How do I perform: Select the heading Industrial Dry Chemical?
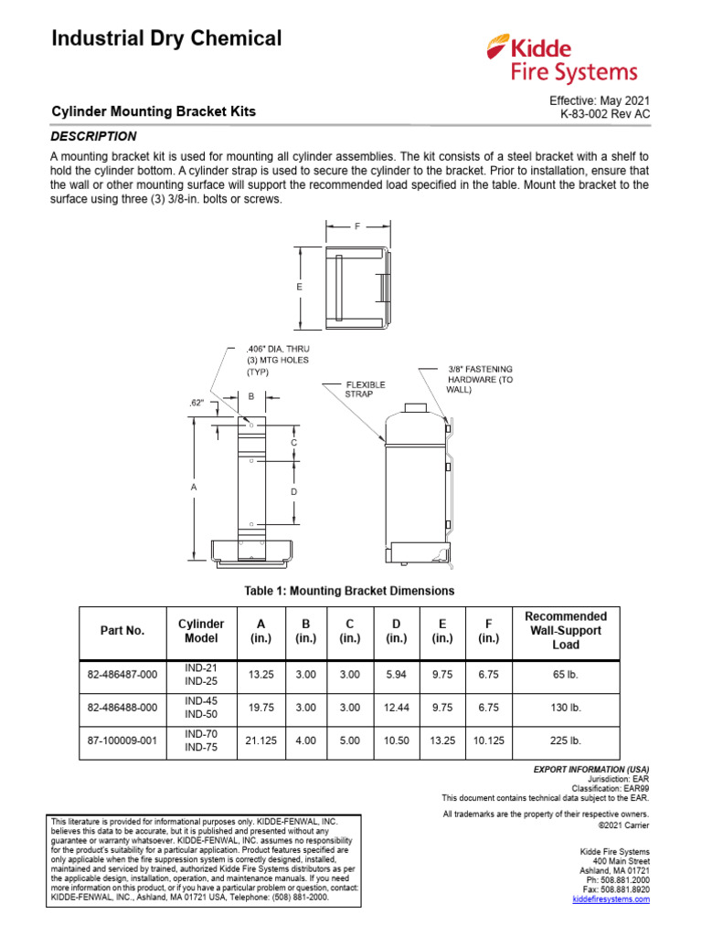coord(166,38)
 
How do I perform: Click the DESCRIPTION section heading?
coord(93,136)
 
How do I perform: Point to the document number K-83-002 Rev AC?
coord(605,115)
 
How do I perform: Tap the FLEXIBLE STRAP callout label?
coord(365,389)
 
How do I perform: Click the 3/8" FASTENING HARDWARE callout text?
coord(487,379)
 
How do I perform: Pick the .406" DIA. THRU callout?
coord(280,350)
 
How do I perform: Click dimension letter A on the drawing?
coord(193,489)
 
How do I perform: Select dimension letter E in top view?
coord(299,287)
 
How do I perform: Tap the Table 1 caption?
coord(348,591)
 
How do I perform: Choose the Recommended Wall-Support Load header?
coord(566,630)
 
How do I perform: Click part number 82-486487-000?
coord(122,676)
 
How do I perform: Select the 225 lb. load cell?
coord(566,741)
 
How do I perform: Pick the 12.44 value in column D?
coord(397,708)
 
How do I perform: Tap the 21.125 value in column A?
coord(256,741)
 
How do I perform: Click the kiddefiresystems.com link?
coord(611,899)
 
